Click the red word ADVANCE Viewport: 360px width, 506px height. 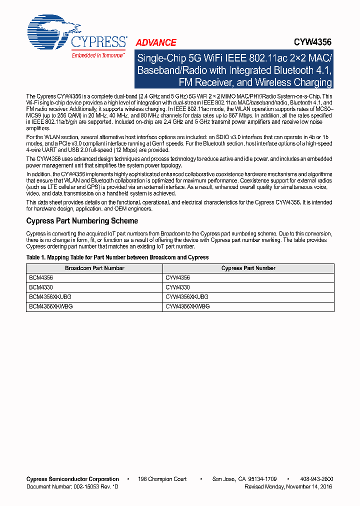156,43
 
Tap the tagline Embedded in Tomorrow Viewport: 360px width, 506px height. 98,55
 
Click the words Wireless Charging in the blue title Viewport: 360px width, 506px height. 293,82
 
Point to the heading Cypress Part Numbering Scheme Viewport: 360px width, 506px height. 82,221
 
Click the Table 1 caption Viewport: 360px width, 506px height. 117,257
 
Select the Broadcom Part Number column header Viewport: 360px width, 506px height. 94,268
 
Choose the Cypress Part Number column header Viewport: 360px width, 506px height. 248,268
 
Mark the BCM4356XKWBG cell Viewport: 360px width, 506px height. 49,306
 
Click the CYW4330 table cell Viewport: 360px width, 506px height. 177,287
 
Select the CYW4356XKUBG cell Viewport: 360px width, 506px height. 187,297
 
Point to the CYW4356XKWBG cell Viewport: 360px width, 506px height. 187,306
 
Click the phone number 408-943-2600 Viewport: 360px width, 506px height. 317,479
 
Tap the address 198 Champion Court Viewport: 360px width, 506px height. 163,479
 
